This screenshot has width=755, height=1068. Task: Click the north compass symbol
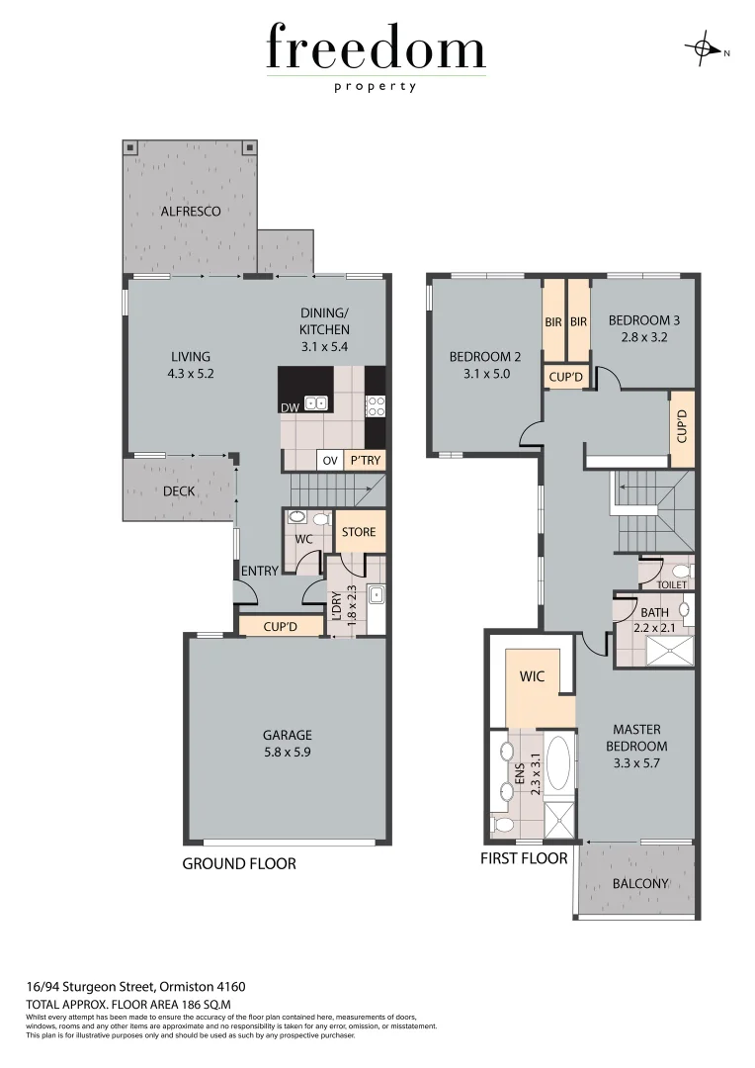(x=704, y=48)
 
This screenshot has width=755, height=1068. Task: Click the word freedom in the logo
(x=376, y=48)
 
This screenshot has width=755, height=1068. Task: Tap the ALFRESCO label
(x=191, y=211)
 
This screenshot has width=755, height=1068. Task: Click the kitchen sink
(x=316, y=402)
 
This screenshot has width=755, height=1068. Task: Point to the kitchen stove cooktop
(x=375, y=404)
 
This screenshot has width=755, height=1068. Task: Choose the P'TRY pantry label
(x=365, y=461)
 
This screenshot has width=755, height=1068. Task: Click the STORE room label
(x=359, y=532)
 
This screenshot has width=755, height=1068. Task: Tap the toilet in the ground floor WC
(x=320, y=518)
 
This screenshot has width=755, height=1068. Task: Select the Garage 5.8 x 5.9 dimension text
(x=287, y=751)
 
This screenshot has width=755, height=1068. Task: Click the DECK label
(x=179, y=490)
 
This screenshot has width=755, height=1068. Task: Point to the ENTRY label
(x=260, y=571)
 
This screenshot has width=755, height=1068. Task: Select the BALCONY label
(x=640, y=883)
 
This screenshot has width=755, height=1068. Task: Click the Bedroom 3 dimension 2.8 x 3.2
(x=643, y=337)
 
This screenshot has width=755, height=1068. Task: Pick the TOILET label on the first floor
(x=671, y=585)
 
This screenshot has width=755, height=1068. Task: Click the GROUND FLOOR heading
(x=239, y=863)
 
